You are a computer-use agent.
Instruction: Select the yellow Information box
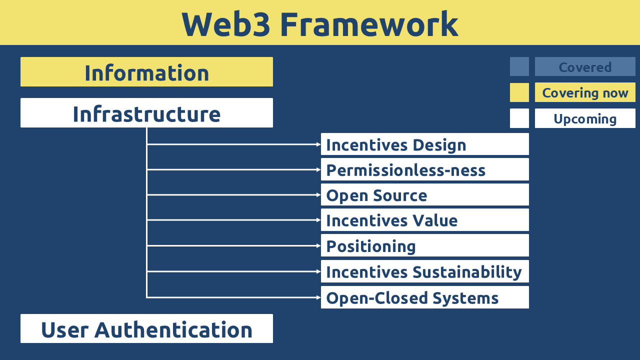point(146,71)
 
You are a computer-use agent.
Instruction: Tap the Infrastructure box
point(146,113)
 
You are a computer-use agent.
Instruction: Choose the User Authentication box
point(146,328)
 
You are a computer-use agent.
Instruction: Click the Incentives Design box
point(425,144)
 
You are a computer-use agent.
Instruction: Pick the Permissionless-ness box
point(425,169)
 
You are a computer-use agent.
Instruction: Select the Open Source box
point(425,194)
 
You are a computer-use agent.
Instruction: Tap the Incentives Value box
point(425,219)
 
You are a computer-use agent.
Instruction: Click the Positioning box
point(425,245)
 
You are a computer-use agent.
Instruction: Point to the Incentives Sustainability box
point(425,271)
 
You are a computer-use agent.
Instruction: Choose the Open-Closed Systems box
point(425,297)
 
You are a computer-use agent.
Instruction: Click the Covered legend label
point(585,66)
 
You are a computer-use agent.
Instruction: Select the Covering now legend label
point(585,92)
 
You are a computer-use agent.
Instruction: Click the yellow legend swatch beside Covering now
point(519,92)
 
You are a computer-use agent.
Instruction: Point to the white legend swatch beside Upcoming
point(519,118)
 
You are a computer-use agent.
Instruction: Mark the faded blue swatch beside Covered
point(519,66)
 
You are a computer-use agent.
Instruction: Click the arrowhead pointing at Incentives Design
point(318,144)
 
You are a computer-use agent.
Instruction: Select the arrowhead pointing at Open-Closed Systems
point(318,297)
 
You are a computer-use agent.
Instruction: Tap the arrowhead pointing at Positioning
point(318,245)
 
